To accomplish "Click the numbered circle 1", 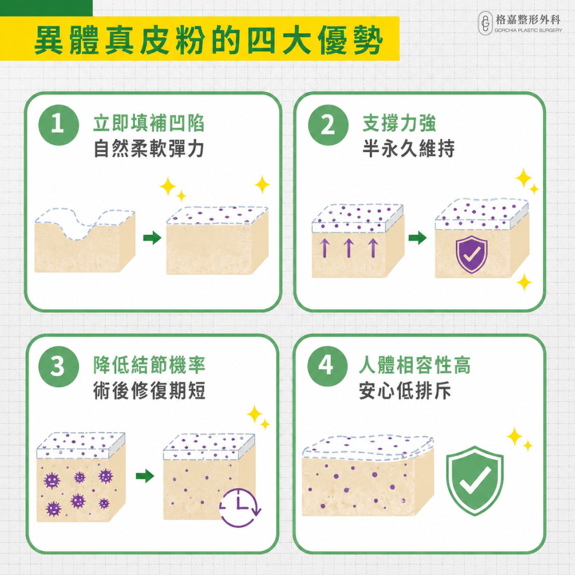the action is (59, 125).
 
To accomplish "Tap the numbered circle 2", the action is (328, 125).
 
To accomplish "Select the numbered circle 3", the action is (59, 367).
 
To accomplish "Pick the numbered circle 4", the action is (327, 366).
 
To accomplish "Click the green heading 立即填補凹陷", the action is (149, 123).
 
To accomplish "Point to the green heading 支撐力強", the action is (399, 123).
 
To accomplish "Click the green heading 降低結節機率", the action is (149, 365).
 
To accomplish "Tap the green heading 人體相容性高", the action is (414, 365).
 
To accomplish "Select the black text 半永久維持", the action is (408, 149).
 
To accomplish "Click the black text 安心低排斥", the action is (405, 390).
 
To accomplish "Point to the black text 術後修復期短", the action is (149, 390).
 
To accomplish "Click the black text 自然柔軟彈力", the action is (149, 149).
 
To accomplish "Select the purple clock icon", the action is (240, 507).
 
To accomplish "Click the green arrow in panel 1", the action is (152, 238).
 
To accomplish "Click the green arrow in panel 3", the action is (145, 476).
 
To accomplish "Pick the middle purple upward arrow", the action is (349, 247).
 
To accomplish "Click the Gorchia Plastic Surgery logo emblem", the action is (485, 23).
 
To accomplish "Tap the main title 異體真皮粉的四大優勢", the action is (209, 40).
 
